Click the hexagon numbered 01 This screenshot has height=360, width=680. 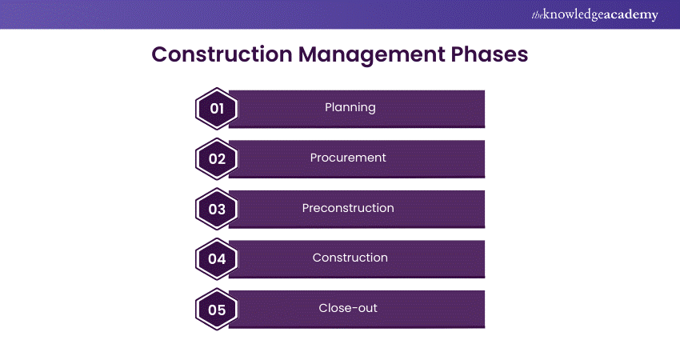point(217,108)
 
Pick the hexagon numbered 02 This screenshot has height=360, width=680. point(217,158)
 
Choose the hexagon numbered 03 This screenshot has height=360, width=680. point(217,209)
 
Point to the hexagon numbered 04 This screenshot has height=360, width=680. point(217,258)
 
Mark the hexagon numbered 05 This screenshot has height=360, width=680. point(217,309)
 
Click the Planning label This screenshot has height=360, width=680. point(350,107)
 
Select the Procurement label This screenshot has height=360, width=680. point(348,158)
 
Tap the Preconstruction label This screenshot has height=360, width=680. point(348,208)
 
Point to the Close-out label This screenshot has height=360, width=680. point(348,308)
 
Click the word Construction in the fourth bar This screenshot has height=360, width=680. point(350,258)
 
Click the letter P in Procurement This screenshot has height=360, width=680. point(314,158)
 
